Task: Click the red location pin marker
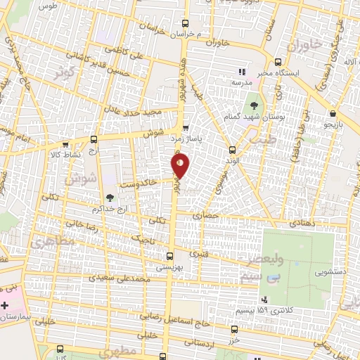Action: (x=181, y=166)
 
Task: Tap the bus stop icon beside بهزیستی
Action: (x=169, y=257)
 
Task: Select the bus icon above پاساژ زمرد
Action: (x=186, y=129)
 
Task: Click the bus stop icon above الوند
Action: (x=233, y=149)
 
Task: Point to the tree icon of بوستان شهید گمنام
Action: (x=254, y=105)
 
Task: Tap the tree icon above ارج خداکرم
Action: (x=110, y=198)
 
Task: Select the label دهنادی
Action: (x=303, y=223)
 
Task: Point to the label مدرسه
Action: (x=241, y=82)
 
